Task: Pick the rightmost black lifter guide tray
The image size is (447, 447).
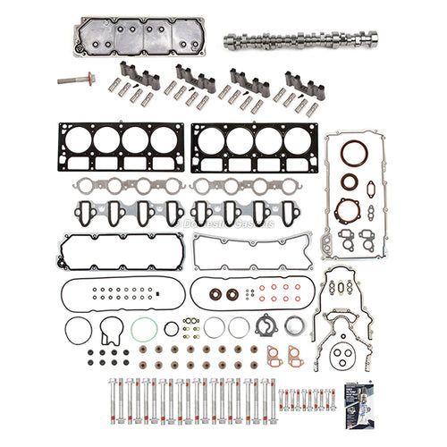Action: [300, 80]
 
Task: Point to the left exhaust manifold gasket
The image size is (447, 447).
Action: [119, 185]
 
